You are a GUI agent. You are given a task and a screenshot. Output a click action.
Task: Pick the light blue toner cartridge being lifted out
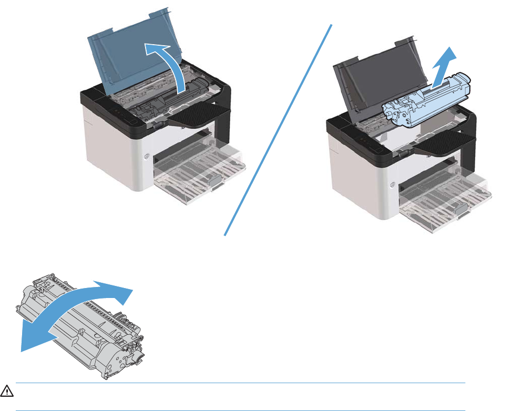(x=420, y=100)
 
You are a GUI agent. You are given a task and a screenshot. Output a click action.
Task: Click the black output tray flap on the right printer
(x=447, y=142)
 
